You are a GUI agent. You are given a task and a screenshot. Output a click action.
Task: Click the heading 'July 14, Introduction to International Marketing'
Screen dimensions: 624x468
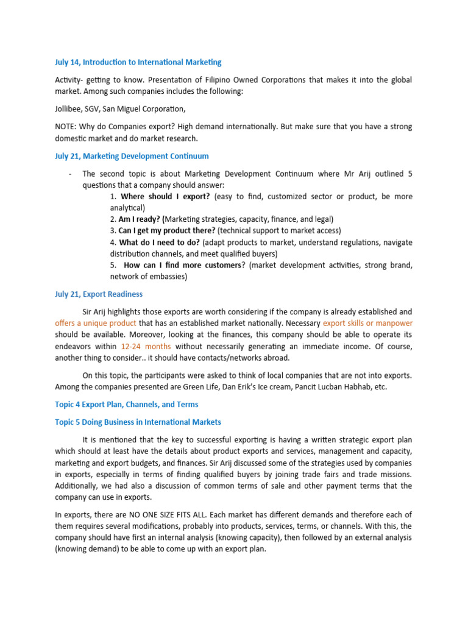(x=138, y=62)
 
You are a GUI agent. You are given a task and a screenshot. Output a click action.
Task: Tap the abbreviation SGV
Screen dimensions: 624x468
(x=97, y=109)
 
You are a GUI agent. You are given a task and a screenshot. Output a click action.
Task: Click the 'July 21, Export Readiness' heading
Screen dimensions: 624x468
(x=99, y=294)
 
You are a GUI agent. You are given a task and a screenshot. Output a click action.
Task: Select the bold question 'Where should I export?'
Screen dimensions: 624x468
(x=165, y=197)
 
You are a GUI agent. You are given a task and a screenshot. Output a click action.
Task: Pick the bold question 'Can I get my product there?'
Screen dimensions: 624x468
(x=166, y=230)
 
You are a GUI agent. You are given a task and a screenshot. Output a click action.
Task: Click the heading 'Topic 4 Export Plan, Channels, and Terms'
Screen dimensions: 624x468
(x=126, y=404)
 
